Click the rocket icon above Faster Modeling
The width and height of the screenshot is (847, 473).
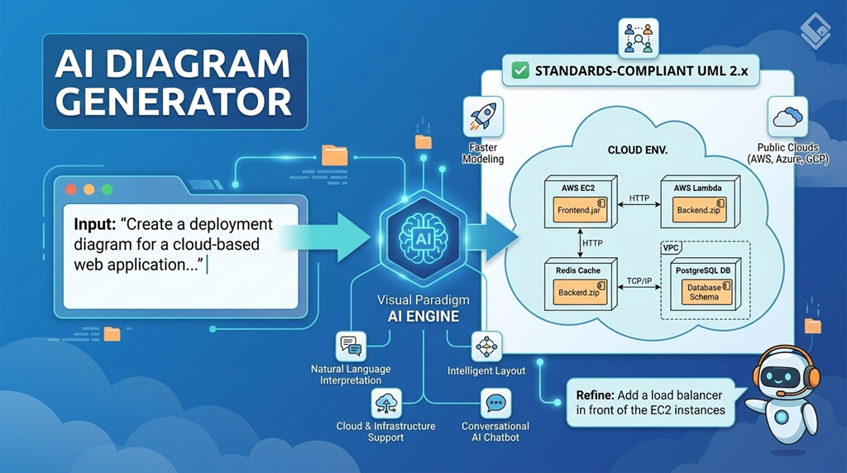tap(483, 116)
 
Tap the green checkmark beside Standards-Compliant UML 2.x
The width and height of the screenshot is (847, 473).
tap(520, 71)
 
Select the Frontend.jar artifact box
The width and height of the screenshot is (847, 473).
tap(578, 211)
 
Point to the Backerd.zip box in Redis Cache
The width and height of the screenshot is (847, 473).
tap(579, 293)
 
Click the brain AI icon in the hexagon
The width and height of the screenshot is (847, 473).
tap(423, 236)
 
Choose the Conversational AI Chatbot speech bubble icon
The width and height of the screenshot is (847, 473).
tap(495, 403)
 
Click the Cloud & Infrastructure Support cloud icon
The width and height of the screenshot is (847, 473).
tap(386, 403)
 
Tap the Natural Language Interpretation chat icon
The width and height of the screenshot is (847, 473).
tap(351, 346)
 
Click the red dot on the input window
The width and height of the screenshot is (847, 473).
tap(70, 189)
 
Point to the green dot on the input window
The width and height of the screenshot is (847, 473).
tap(107, 189)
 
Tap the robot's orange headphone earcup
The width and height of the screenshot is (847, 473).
tap(813, 377)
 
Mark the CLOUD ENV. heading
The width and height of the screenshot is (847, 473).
tap(639, 151)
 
